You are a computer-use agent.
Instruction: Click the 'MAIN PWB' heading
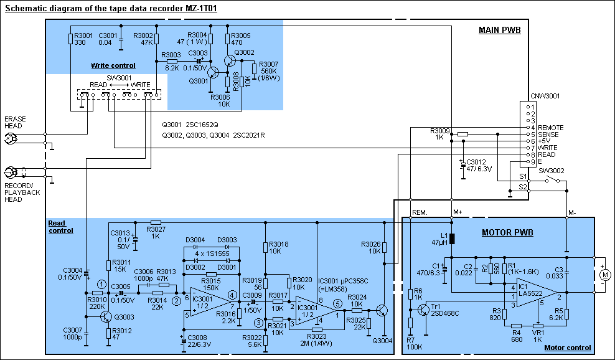pyautogui.click(x=499, y=30)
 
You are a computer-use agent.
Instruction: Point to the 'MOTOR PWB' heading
pyautogui.click(x=508, y=233)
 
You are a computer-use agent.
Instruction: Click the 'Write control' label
pyautogui.click(x=113, y=65)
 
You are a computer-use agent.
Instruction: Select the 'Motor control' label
pyautogui.click(x=567, y=348)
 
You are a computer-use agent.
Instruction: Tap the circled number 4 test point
pyautogui.click(x=232, y=295)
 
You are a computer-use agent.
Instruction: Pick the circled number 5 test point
pyautogui.click(x=337, y=304)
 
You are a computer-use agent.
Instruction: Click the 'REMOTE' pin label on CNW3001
pyautogui.click(x=551, y=128)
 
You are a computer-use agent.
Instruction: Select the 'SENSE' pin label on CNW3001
pyautogui.click(x=548, y=135)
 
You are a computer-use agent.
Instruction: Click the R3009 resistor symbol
pyautogui.click(x=462, y=134)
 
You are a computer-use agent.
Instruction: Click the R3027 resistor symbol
pyautogui.click(x=156, y=222)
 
